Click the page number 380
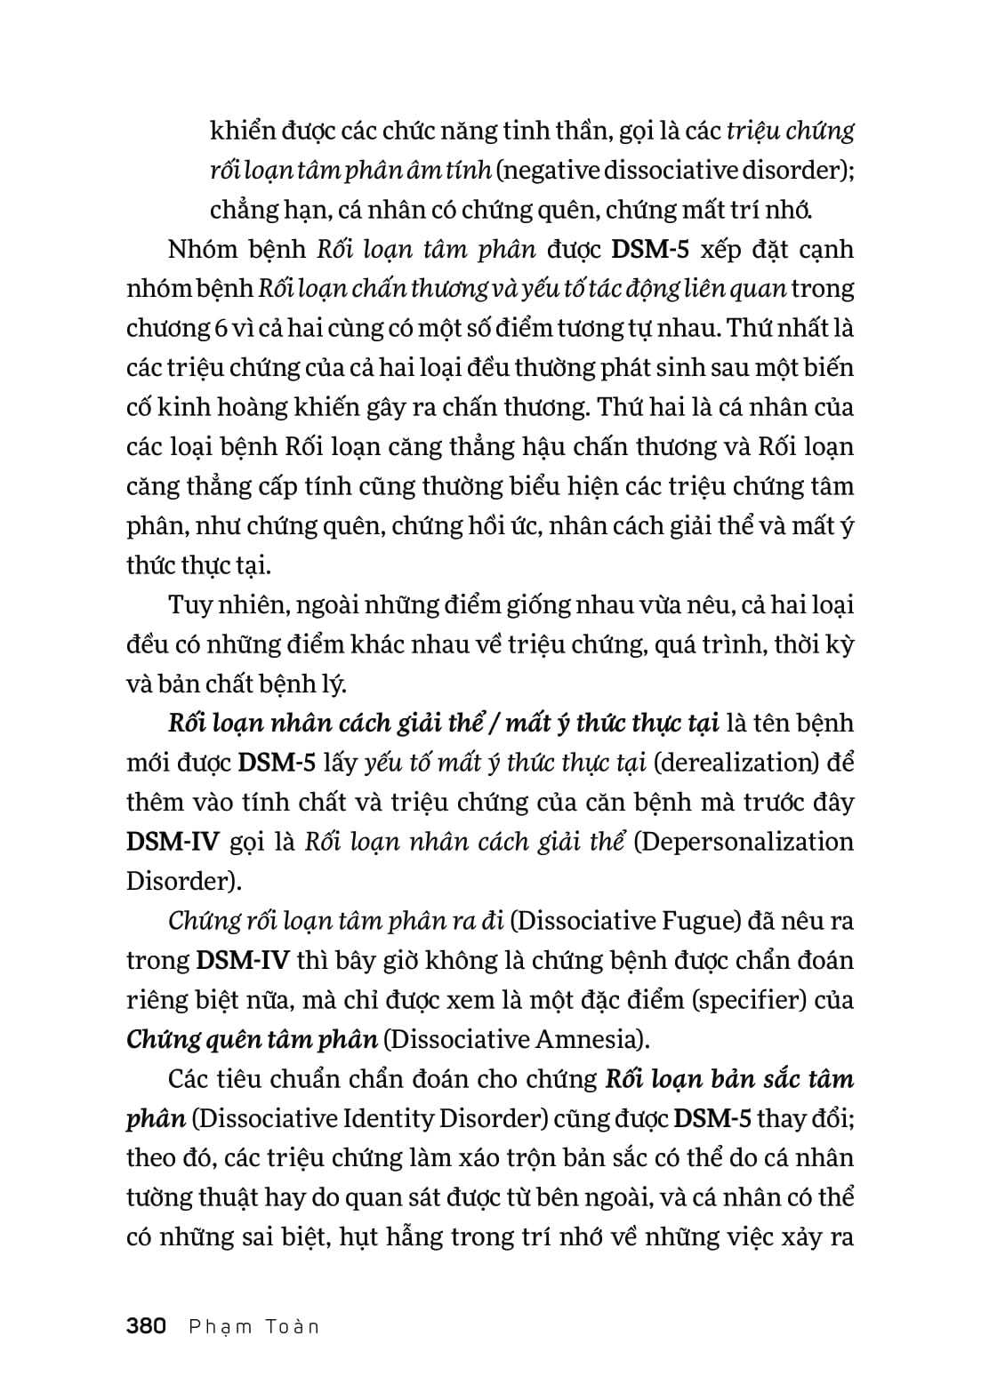click(x=147, y=1326)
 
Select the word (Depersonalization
click(x=743, y=842)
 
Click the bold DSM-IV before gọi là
click(x=173, y=842)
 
